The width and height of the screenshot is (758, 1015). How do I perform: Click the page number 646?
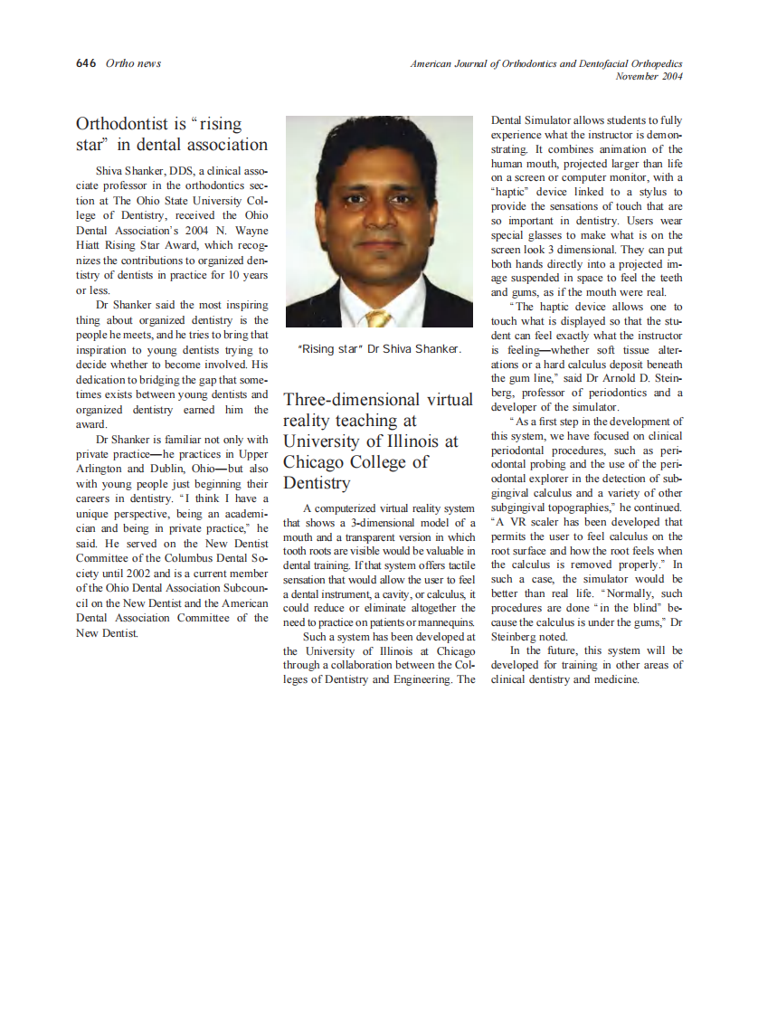(x=86, y=63)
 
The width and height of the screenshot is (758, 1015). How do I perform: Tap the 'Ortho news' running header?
(x=133, y=63)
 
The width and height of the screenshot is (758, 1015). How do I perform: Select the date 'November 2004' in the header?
(x=649, y=76)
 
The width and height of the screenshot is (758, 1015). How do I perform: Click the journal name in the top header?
(x=545, y=63)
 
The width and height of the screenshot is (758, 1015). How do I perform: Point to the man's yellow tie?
(x=378, y=318)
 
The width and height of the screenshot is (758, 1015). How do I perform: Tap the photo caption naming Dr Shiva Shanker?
(x=379, y=349)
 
